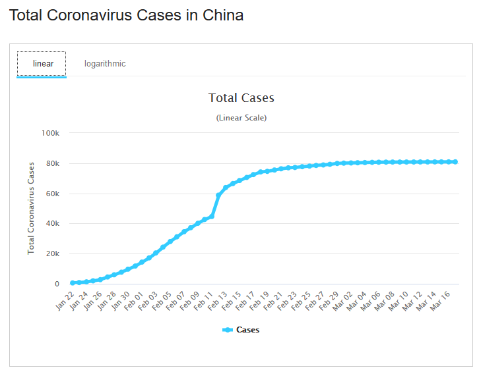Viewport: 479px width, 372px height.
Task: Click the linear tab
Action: click(x=42, y=64)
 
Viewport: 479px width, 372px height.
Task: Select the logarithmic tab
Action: click(x=105, y=64)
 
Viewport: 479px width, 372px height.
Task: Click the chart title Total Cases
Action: click(x=241, y=98)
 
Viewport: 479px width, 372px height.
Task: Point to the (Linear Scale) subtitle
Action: click(x=241, y=118)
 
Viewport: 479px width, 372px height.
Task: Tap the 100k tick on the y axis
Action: click(x=51, y=133)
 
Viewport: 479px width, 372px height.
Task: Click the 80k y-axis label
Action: click(x=53, y=163)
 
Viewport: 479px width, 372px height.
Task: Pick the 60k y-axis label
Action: click(x=53, y=194)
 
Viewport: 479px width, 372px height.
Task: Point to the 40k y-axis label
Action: click(x=53, y=224)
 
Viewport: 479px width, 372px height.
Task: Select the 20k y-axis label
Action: click(x=53, y=254)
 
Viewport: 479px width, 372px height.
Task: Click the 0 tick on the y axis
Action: click(x=57, y=284)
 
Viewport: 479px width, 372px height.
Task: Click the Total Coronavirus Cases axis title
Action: click(x=31, y=207)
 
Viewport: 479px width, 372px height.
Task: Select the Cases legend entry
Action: click(x=241, y=330)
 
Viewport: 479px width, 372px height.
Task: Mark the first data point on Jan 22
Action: click(x=73, y=283)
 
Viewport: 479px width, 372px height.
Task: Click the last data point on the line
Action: click(x=455, y=162)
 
